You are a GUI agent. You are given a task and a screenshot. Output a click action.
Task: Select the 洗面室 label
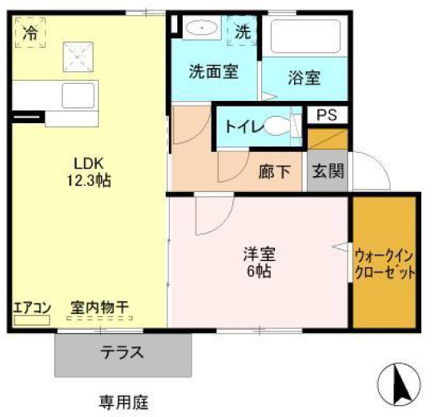(212, 71)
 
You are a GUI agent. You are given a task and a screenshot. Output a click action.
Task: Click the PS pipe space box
(326, 115)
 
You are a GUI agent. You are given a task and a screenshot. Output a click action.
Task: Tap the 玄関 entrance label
(327, 170)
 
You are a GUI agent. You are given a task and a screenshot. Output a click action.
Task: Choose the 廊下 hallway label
(274, 171)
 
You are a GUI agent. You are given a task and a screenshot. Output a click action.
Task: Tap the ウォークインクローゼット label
(385, 264)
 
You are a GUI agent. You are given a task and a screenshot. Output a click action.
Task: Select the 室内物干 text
(99, 307)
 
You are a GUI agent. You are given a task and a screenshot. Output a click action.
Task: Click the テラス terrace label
(123, 352)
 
